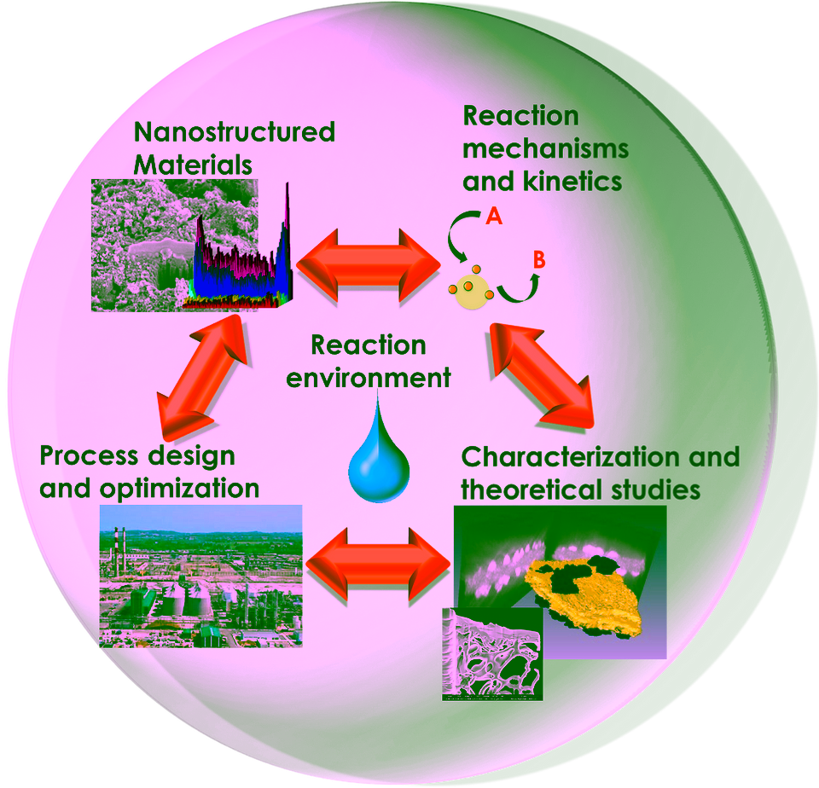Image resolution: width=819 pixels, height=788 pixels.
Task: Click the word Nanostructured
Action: [x=235, y=132]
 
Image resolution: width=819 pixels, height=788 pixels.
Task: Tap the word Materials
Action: [x=193, y=165]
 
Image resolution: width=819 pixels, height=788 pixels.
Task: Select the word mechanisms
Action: [x=545, y=149]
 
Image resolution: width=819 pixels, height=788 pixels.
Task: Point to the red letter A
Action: [x=494, y=216]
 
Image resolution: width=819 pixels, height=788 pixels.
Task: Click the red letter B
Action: [x=538, y=259]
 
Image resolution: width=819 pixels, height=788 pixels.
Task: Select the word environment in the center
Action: [x=369, y=378]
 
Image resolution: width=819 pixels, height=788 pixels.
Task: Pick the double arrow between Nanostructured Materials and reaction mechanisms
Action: [x=369, y=266]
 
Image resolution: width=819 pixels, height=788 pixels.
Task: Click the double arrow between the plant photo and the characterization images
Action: [x=378, y=565]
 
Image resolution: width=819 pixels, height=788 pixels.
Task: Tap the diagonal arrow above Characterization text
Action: [x=543, y=376]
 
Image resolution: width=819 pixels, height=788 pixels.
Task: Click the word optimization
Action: [x=179, y=490]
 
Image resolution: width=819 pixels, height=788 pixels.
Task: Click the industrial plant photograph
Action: [x=201, y=576]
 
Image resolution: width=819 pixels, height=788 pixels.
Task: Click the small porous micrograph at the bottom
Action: [x=492, y=654]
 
